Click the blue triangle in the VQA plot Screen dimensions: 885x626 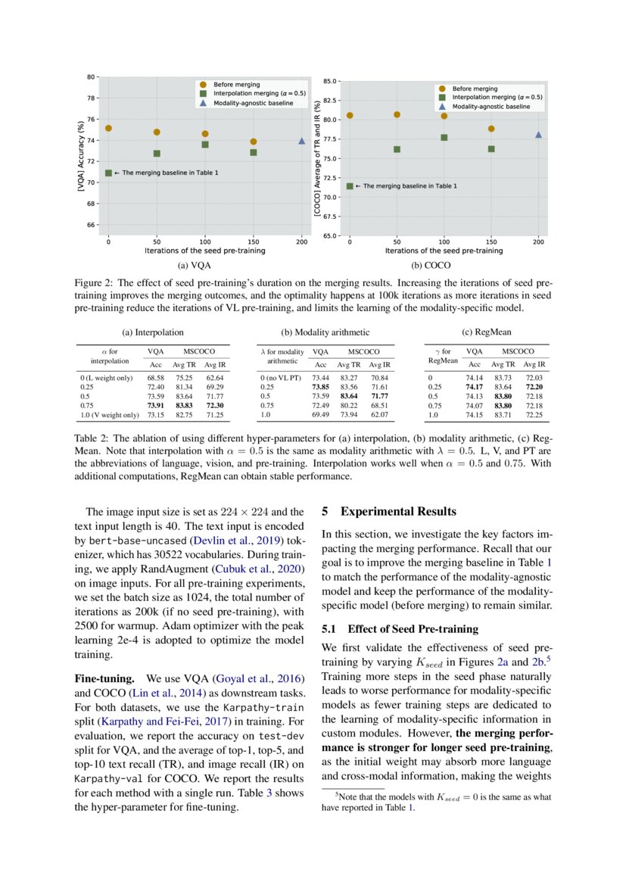tap(302, 140)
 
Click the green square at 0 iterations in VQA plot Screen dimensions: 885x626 tap(108, 173)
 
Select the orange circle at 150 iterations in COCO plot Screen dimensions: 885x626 tap(491, 129)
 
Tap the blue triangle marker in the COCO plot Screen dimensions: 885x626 tap(539, 135)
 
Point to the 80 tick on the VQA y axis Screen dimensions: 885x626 tap(91, 77)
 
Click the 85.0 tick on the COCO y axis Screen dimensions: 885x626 tap(329, 81)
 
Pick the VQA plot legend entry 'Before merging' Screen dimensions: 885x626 tap(236, 84)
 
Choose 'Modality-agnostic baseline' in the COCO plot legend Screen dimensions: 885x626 tap(491, 107)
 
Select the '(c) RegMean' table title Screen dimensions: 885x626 tap(486, 332)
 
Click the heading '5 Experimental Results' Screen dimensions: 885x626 tap(389, 511)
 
